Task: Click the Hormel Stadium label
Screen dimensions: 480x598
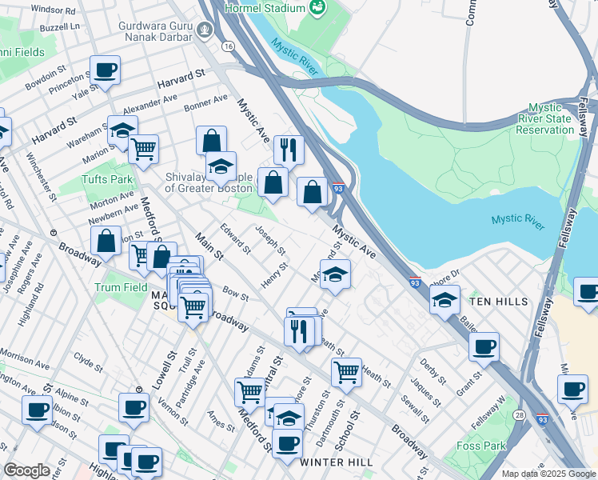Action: [x=265, y=8]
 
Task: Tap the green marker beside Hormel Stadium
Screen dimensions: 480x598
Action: [x=318, y=8]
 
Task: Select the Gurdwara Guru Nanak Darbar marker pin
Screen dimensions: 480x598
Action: [x=205, y=31]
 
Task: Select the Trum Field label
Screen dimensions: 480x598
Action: [x=117, y=286]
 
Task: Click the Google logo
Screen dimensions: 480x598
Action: [x=27, y=470]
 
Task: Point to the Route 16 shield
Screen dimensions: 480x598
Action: [x=229, y=47]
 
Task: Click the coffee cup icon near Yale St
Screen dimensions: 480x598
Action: [x=105, y=70]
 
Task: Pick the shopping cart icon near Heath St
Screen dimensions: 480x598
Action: [x=346, y=371]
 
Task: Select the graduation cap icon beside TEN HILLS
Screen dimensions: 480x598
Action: [x=445, y=299]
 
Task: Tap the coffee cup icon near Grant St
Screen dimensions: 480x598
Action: [x=484, y=346]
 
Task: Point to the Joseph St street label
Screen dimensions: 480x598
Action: [x=269, y=238]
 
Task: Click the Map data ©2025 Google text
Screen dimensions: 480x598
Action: [x=548, y=474]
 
